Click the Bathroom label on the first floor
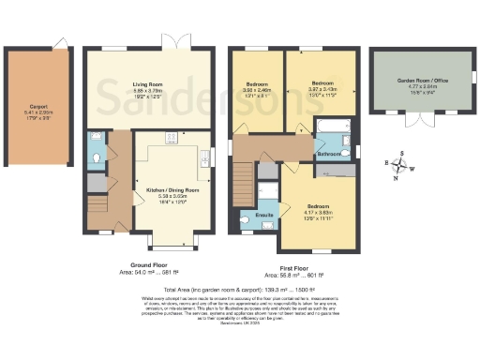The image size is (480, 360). pyautogui.click(x=327, y=152)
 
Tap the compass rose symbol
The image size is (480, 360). pyautogui.click(x=401, y=167)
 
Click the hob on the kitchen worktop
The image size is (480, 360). pyautogui.click(x=172, y=139)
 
